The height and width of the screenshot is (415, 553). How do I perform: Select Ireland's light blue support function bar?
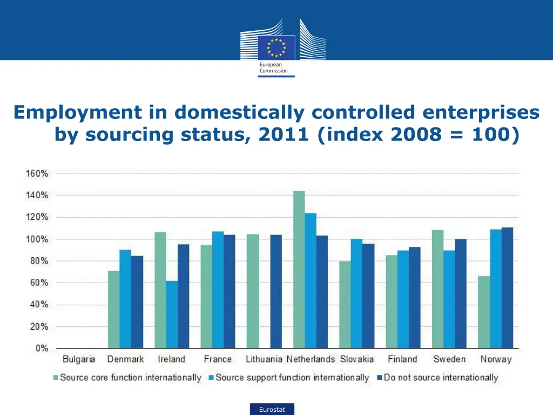[x=172, y=314]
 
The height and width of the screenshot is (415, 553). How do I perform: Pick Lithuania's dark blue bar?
[x=276, y=291]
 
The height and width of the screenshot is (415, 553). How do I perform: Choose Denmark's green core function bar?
[x=113, y=309]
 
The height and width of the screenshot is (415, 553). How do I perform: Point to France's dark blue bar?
[x=230, y=291]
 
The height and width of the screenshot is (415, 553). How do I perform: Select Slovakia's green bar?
[x=345, y=304]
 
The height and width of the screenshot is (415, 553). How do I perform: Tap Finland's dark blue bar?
[x=415, y=298]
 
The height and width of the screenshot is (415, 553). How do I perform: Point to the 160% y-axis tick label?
[x=37, y=173]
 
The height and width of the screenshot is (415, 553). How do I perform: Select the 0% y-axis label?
[x=41, y=349]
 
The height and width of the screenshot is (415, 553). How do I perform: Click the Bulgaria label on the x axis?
[x=79, y=359]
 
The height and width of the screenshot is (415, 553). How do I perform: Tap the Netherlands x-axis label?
[x=311, y=359]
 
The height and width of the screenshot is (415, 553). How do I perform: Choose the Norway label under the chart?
[x=496, y=359]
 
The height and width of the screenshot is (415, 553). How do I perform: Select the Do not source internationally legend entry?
[x=440, y=378]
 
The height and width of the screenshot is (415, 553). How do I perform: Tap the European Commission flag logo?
[x=276, y=47]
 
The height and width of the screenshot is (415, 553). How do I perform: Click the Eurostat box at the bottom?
[x=272, y=410]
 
